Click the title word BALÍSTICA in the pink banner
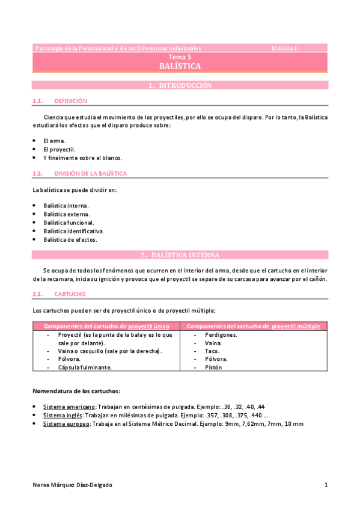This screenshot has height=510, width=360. point(180,66)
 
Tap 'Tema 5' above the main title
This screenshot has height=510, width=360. point(180,57)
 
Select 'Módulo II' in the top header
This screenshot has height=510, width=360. point(285,48)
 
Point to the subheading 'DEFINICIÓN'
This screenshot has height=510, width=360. point(70,101)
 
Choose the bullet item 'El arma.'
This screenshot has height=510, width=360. point(54,141)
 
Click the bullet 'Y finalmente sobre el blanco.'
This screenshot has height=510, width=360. point(82,158)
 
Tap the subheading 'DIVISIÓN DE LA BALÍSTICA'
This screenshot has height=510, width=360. point(90,174)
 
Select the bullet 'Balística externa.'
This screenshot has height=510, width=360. point(67,214)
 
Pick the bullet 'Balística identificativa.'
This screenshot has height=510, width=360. point(73,230)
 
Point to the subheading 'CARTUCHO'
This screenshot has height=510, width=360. point(70,294)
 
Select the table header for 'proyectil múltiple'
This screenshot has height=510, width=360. point(254,326)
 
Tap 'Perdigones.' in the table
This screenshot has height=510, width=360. point(221,334)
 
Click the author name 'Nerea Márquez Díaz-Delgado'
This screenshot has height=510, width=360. point(72,485)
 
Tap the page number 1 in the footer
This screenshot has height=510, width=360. point(325,485)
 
